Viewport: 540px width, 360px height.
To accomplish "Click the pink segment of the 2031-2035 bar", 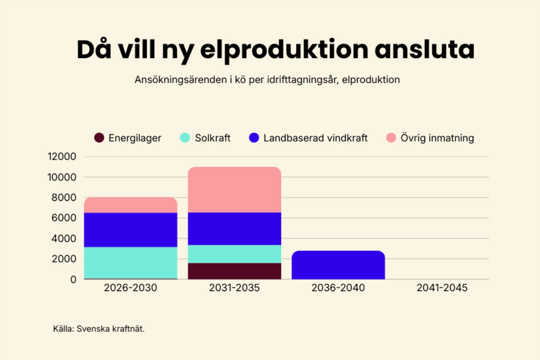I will tap(235, 190).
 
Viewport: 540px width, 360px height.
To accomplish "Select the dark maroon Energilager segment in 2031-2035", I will tap(235, 271).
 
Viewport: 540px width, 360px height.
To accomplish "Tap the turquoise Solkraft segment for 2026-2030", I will tap(130, 262).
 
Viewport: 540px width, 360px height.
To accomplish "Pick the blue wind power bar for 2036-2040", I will tap(338, 265).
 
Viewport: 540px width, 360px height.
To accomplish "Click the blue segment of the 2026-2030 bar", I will tap(130, 230).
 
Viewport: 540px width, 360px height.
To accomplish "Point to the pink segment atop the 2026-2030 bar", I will tap(130, 205).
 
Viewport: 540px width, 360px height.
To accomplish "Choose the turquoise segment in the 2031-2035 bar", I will tap(235, 254).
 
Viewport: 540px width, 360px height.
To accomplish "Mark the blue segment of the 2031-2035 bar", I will tap(235, 228).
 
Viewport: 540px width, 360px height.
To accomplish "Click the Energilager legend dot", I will tap(99, 138).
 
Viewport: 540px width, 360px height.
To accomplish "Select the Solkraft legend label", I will tap(213, 138).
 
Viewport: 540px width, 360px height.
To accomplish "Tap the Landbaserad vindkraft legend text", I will tap(315, 138).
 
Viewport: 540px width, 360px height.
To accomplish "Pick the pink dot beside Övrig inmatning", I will tap(391, 138).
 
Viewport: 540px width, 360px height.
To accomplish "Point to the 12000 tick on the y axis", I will tap(62, 157).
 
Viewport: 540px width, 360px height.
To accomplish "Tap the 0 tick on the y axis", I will tap(73, 279).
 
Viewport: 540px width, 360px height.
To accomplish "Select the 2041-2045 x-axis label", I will tap(442, 288).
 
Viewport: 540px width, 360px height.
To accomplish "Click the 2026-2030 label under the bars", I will tap(130, 288).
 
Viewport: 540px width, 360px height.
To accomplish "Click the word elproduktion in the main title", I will tap(284, 50).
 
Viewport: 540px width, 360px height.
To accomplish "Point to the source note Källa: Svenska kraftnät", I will tap(99, 329).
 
